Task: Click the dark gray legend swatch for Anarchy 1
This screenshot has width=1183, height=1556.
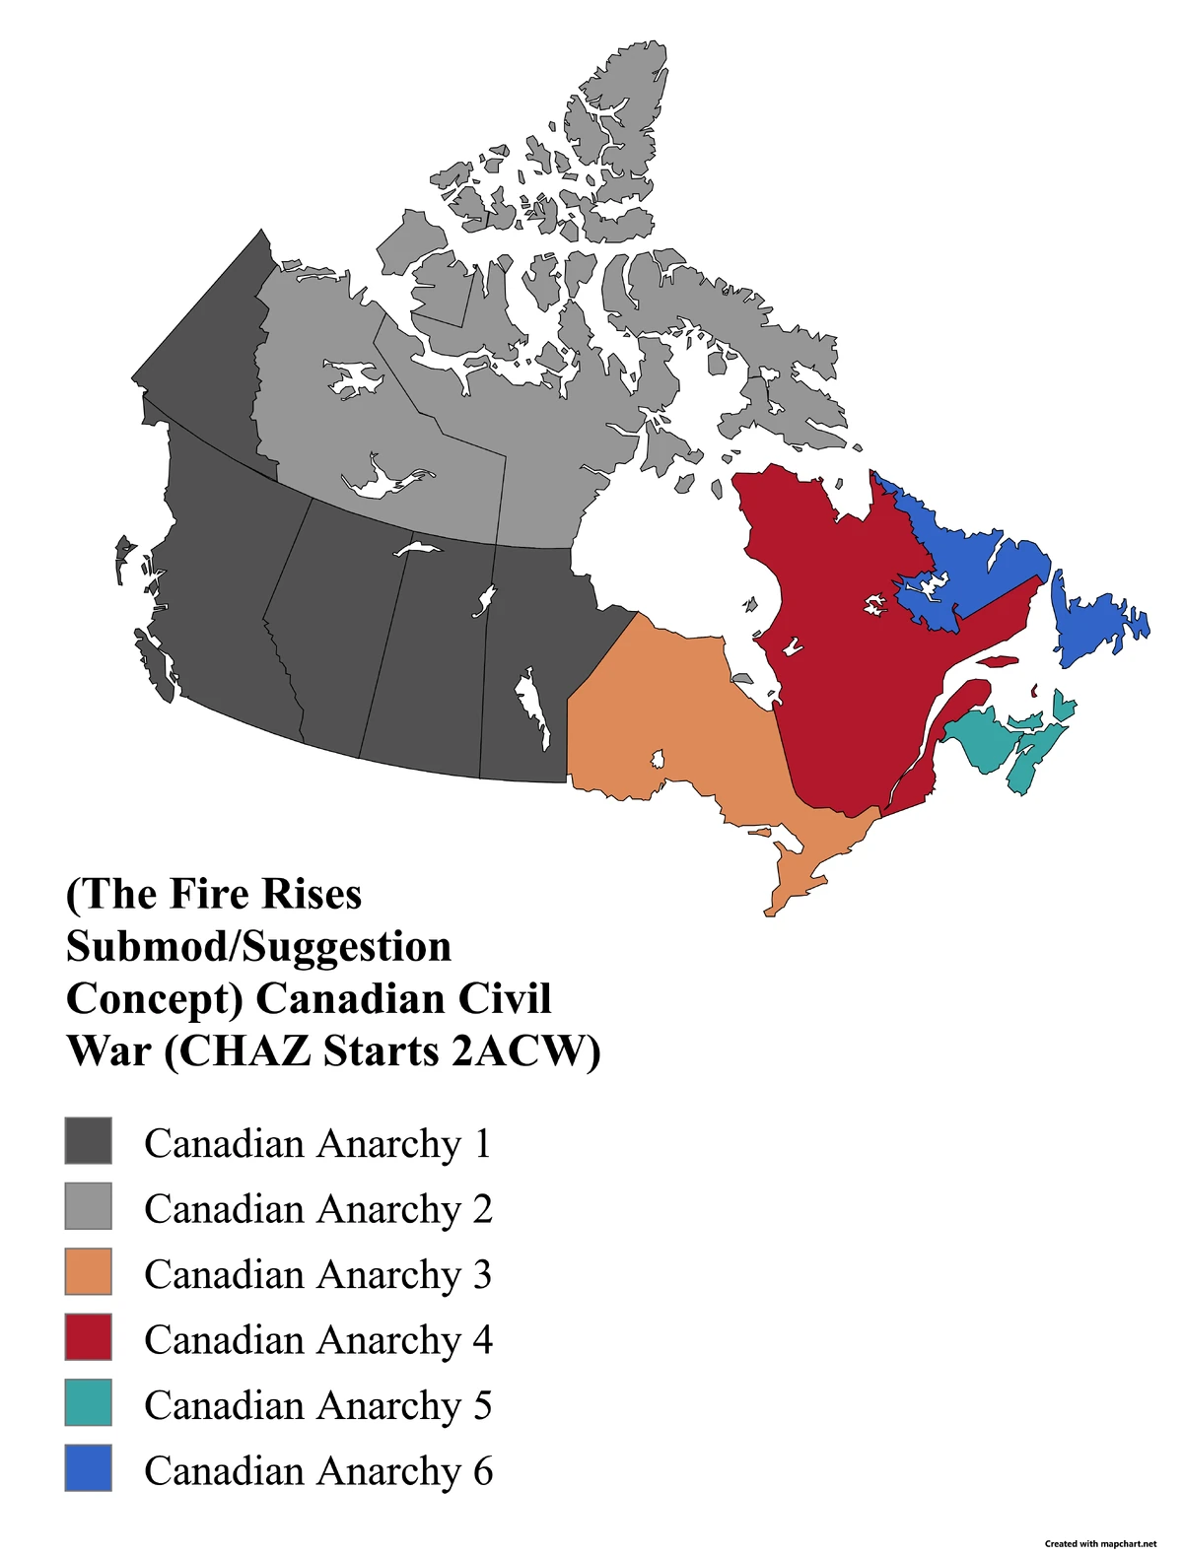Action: [88, 1140]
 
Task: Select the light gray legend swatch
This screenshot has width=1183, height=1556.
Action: [88, 1206]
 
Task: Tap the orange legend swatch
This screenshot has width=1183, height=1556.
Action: [88, 1271]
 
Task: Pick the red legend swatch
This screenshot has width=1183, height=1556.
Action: [88, 1336]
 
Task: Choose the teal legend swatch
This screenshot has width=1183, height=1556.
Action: [88, 1402]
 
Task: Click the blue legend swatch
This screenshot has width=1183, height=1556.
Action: [88, 1467]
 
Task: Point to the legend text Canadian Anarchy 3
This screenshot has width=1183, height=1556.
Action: [317, 1274]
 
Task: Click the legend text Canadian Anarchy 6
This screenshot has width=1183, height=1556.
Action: [317, 1470]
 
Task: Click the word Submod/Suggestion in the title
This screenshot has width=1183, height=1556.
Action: [258, 947]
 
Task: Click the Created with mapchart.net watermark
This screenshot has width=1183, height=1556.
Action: [1100, 1544]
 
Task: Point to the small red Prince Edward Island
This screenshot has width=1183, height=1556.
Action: [1035, 691]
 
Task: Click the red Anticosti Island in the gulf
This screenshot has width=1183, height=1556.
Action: [1000, 662]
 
